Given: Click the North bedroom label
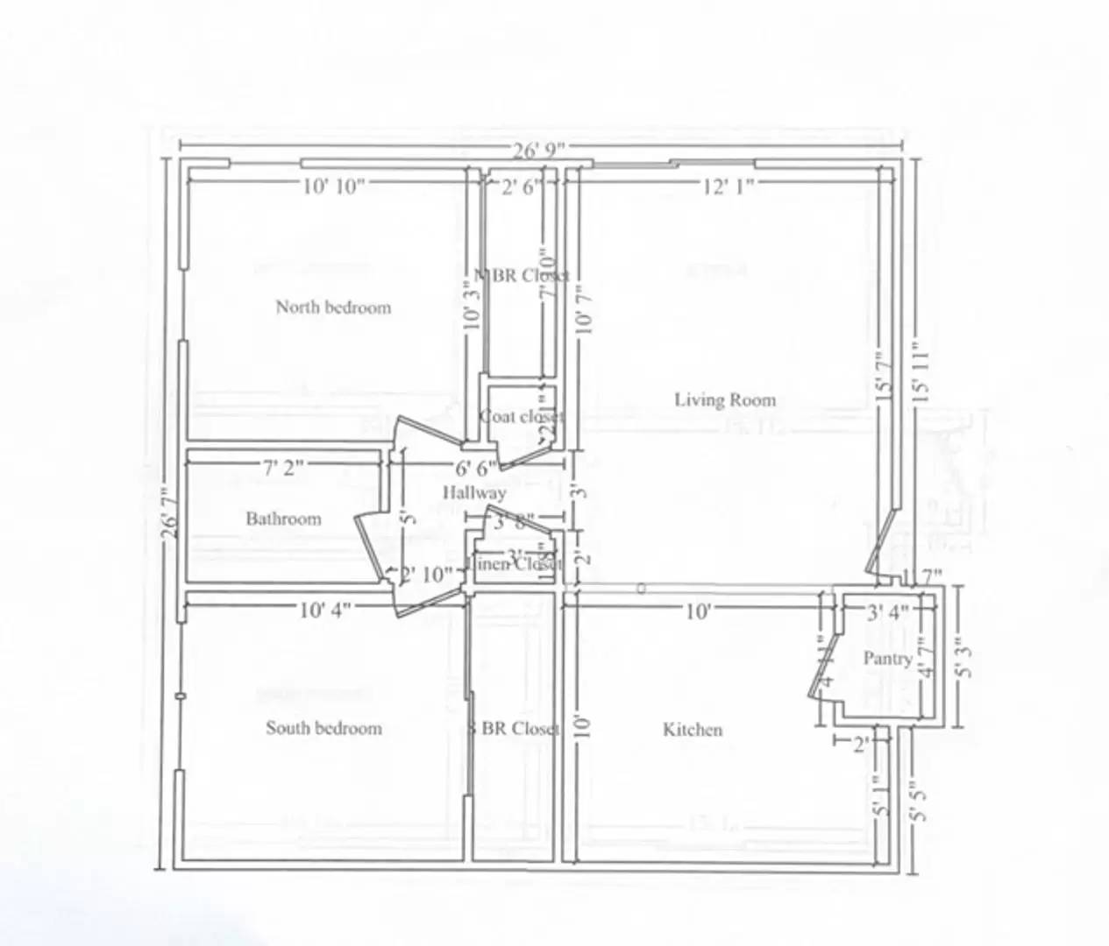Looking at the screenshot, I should pyautogui.click(x=333, y=307).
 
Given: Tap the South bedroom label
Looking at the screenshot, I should pyautogui.click(x=323, y=728).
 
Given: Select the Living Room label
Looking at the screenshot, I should pyautogui.click(x=725, y=400).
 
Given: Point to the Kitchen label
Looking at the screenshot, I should pyautogui.click(x=693, y=730).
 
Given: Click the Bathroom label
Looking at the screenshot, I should pyautogui.click(x=283, y=519).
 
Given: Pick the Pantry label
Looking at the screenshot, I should pyautogui.click(x=887, y=659).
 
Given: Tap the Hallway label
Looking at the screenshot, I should pyautogui.click(x=473, y=493).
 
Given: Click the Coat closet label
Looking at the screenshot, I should pyautogui.click(x=522, y=417).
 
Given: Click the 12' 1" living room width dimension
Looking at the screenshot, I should pyautogui.click(x=729, y=186).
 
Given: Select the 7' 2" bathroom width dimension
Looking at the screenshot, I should pyautogui.click(x=283, y=468).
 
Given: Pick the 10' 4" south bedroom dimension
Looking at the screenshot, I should pyautogui.click(x=324, y=611).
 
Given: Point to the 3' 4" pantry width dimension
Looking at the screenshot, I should pyautogui.click(x=887, y=613).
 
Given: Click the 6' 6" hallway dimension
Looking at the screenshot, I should pyautogui.click(x=475, y=468).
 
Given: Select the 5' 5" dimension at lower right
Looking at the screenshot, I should pyautogui.click(x=917, y=801).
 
